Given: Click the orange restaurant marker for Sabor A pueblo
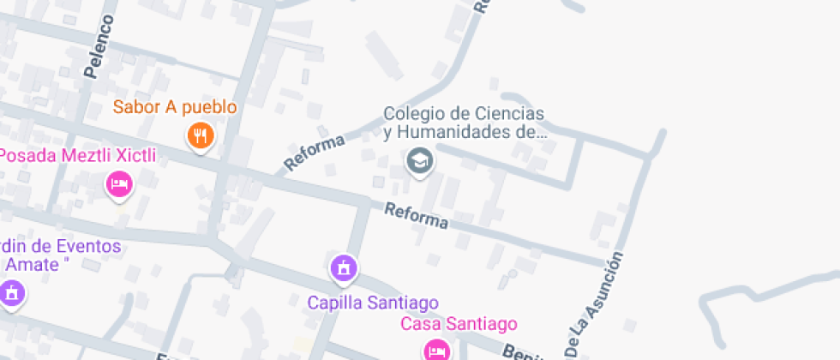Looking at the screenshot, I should (x=200, y=135).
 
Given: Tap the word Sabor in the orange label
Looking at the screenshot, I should (x=137, y=108).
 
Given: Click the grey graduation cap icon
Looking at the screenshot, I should (x=419, y=160).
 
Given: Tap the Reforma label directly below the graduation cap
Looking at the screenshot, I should (x=417, y=215).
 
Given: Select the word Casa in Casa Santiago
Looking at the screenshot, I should (x=421, y=324).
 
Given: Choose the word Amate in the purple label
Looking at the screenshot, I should (x=34, y=265).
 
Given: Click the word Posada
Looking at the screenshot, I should (x=26, y=155).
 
